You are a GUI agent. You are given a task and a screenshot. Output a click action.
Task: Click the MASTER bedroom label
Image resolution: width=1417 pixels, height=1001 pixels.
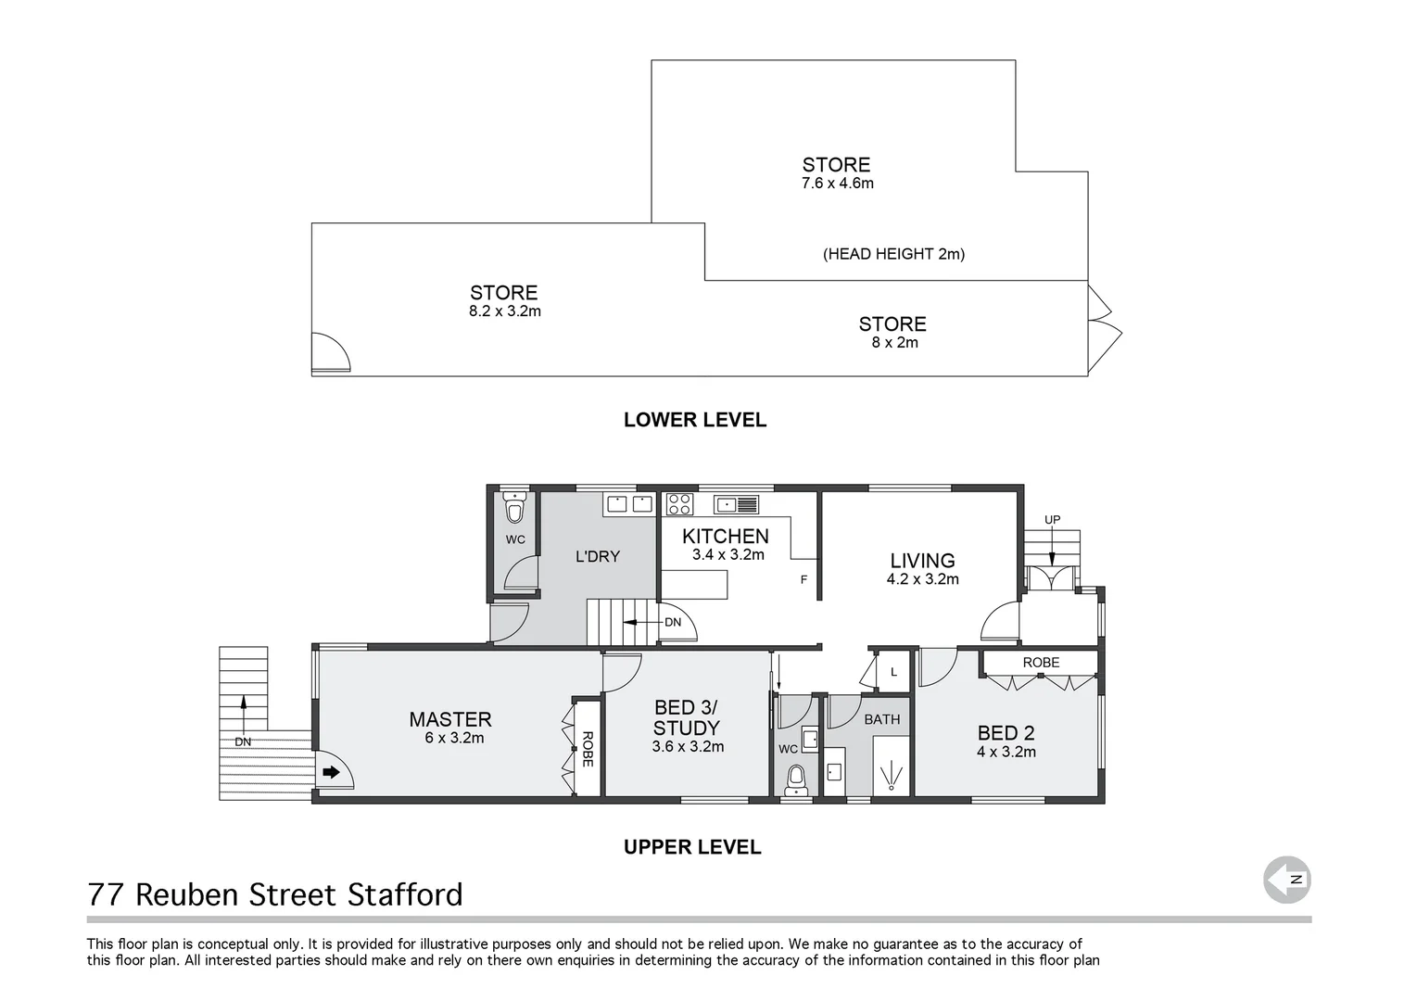click(450, 719)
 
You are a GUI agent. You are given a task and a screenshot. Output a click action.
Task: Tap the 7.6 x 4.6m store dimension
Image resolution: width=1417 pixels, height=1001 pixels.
click(837, 184)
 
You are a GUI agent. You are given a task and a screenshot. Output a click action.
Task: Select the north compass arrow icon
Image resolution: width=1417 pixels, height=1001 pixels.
click(1287, 880)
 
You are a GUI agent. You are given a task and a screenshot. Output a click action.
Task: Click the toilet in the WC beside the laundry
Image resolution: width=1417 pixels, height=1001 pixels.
click(514, 508)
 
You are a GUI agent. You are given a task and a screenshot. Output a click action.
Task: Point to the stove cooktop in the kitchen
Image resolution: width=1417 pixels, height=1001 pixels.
click(679, 504)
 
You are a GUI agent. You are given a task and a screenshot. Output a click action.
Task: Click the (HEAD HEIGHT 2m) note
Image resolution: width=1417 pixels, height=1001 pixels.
click(893, 254)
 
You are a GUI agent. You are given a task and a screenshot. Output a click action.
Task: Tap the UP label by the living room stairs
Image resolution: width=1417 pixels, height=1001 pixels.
click(1052, 520)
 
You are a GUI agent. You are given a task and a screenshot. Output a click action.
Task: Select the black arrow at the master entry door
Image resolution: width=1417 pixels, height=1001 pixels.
click(331, 771)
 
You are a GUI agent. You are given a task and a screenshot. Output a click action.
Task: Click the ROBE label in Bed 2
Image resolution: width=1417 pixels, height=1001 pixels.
click(1041, 663)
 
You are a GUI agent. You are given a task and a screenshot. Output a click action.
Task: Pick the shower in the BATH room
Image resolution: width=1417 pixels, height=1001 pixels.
click(892, 772)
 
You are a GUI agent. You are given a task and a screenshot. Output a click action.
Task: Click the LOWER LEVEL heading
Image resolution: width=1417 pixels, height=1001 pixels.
click(694, 420)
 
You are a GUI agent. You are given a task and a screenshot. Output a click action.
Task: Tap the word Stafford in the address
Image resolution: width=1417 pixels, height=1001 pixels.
click(405, 894)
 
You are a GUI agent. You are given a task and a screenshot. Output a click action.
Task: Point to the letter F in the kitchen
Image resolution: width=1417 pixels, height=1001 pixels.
click(804, 580)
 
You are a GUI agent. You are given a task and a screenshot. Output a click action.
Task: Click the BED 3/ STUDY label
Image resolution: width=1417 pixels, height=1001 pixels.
click(686, 718)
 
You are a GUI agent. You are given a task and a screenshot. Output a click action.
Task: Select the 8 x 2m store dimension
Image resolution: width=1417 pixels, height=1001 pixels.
click(894, 343)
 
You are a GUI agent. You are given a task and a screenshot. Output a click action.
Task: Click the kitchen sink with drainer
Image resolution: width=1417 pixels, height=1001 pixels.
click(737, 504)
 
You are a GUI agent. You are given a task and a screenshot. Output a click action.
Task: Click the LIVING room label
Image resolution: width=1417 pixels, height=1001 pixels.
click(922, 561)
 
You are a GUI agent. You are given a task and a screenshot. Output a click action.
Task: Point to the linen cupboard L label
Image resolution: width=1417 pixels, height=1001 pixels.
click(893, 672)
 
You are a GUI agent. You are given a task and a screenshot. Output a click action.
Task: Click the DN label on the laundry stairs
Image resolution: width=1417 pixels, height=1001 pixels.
click(673, 622)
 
